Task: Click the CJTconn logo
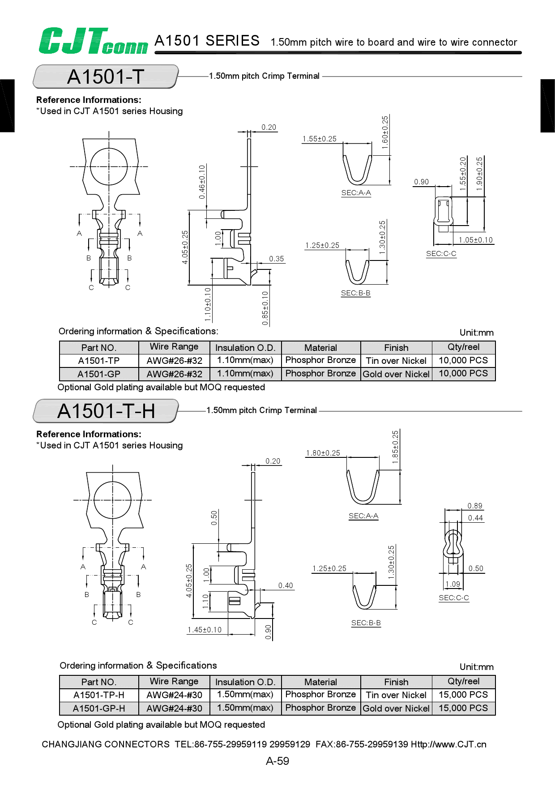pos(93,41)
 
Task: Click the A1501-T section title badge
pos(106,77)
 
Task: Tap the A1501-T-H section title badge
pos(106,411)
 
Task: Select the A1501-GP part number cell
pos(98,374)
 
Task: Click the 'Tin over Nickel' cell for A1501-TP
pos(396,361)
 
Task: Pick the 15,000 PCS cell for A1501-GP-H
pos(463,708)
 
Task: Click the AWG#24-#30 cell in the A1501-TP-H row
pos(174,695)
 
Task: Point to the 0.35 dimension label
pos(277,259)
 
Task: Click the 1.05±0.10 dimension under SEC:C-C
pos(475,240)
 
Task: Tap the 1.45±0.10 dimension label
pos(205,630)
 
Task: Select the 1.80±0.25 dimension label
pos(323,453)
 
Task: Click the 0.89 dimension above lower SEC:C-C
pos(475,506)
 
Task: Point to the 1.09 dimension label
pos(453,584)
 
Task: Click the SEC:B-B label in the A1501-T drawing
pos(355,293)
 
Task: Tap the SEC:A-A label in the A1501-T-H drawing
pos(363,516)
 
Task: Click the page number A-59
pos(277,761)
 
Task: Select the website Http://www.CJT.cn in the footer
pos(448,744)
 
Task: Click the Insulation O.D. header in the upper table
pos(245,348)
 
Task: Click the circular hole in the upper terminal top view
pos(109,166)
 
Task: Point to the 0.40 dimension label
pos(286,585)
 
